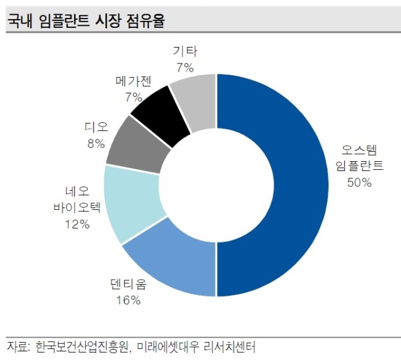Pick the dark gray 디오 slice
138,146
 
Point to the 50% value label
359,183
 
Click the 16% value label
128,300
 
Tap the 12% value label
77,224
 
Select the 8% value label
96,144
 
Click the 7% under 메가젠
133,98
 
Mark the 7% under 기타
185,68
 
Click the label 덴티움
128,284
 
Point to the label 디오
96,127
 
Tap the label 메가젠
133,81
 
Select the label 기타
185,51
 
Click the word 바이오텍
77,207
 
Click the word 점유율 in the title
145,20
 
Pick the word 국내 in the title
20,20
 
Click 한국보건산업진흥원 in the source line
82,347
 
